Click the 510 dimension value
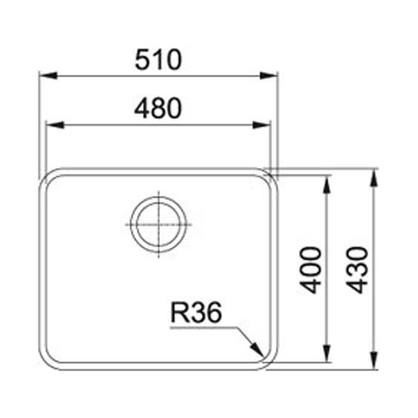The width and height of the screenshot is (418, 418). click(158, 60)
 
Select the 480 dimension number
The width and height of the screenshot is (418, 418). click(158, 108)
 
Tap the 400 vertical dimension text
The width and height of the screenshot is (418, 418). click(310, 270)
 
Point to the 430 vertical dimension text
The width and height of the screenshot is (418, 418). click(357, 270)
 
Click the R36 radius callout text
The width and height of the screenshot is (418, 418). click(196, 312)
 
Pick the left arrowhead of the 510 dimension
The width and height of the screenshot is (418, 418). click(48, 75)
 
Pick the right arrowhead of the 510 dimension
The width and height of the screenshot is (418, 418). click(269, 75)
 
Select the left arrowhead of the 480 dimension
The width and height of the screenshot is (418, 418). click(55, 125)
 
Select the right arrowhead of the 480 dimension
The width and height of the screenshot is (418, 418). click(261, 125)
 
